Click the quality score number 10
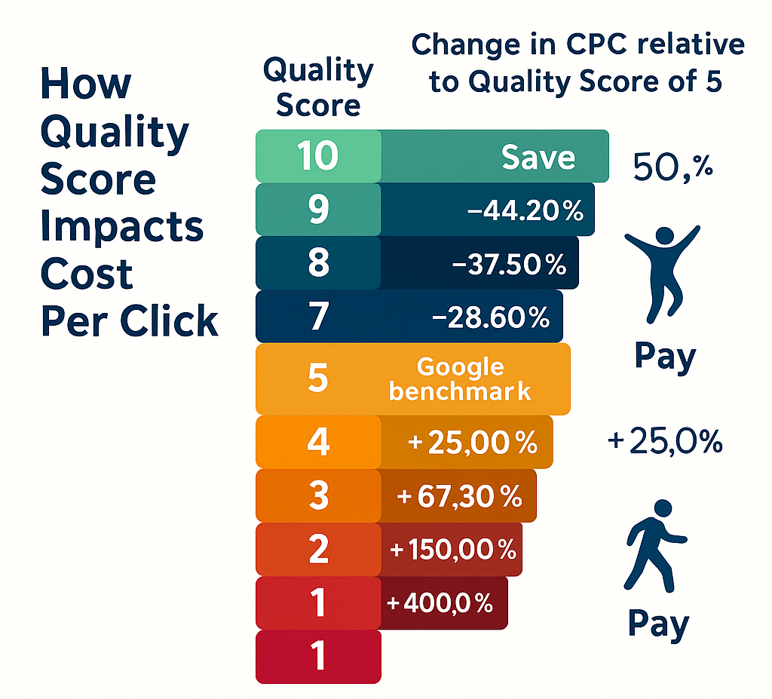pos(317,156)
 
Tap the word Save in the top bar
pos(538,158)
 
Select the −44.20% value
pos(525,210)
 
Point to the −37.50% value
pos(509,264)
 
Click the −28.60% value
pos(491,317)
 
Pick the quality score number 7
pos(319,316)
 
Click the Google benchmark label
pos(460,379)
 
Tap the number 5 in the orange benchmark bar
pos(318,379)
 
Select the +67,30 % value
pos(459,495)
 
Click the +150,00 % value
pos(453,549)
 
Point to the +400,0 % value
pos(440,602)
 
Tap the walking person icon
pos(655,546)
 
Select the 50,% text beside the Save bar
pos(673,167)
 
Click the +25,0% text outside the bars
pos(665,441)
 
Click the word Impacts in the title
pos(122,226)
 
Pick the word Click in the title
pos(169,320)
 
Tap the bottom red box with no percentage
pos(319,657)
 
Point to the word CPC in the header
pos(597,44)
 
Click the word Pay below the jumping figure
pos(665,357)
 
